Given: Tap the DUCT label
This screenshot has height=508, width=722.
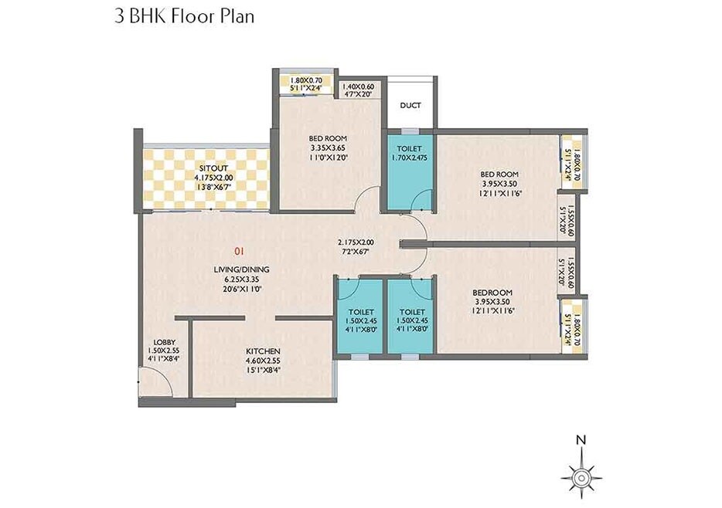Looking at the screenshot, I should [x=410, y=106].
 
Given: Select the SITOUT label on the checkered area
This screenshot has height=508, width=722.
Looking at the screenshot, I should [x=209, y=168].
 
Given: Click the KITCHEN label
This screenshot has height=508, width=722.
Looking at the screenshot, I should [x=262, y=351].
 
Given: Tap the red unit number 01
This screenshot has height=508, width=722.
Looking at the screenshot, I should [x=240, y=251].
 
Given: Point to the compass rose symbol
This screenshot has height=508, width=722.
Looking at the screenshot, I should [x=580, y=473].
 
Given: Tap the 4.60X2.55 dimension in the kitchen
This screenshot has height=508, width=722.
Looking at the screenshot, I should [x=262, y=360].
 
